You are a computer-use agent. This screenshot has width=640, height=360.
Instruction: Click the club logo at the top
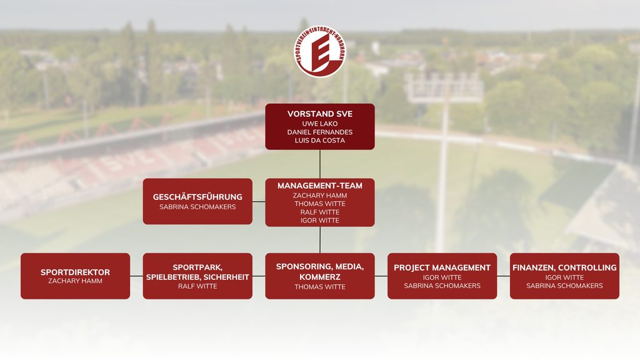[x=320, y=51]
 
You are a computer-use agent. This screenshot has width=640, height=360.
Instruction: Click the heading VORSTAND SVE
[x=320, y=114]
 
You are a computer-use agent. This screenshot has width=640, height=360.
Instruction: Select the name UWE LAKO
[x=320, y=124]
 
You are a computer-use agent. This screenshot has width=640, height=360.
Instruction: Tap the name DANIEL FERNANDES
[x=320, y=132]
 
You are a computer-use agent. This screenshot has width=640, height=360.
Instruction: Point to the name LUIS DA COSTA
[x=320, y=141]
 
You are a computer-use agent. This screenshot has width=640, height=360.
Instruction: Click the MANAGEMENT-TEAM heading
[x=320, y=186]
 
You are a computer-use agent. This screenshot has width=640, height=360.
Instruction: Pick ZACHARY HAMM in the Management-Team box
[x=320, y=196]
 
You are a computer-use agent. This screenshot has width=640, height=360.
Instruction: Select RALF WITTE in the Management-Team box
[x=320, y=212]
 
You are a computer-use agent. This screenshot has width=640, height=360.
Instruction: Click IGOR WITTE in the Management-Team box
[x=320, y=221]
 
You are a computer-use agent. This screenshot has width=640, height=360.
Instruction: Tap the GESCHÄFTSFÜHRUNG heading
[x=197, y=197]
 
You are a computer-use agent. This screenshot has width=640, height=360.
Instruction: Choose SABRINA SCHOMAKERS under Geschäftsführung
[x=197, y=207]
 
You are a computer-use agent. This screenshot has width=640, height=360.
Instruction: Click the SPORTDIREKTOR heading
[x=75, y=272]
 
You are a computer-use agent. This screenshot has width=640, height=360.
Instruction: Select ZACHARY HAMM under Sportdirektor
[x=75, y=281]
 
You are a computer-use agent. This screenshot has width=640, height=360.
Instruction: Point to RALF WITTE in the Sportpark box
[x=197, y=286]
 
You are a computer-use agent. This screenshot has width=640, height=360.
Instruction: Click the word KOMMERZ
[x=320, y=277]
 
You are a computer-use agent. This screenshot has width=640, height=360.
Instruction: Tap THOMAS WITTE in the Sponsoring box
[x=320, y=287]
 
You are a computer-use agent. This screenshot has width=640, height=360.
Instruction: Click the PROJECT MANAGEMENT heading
[x=442, y=267]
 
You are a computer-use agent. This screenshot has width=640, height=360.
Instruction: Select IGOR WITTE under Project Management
[x=442, y=277]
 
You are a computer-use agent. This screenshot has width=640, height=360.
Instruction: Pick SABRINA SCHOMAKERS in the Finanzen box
[x=564, y=286]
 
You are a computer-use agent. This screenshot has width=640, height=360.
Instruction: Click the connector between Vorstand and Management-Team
[x=320, y=164]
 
